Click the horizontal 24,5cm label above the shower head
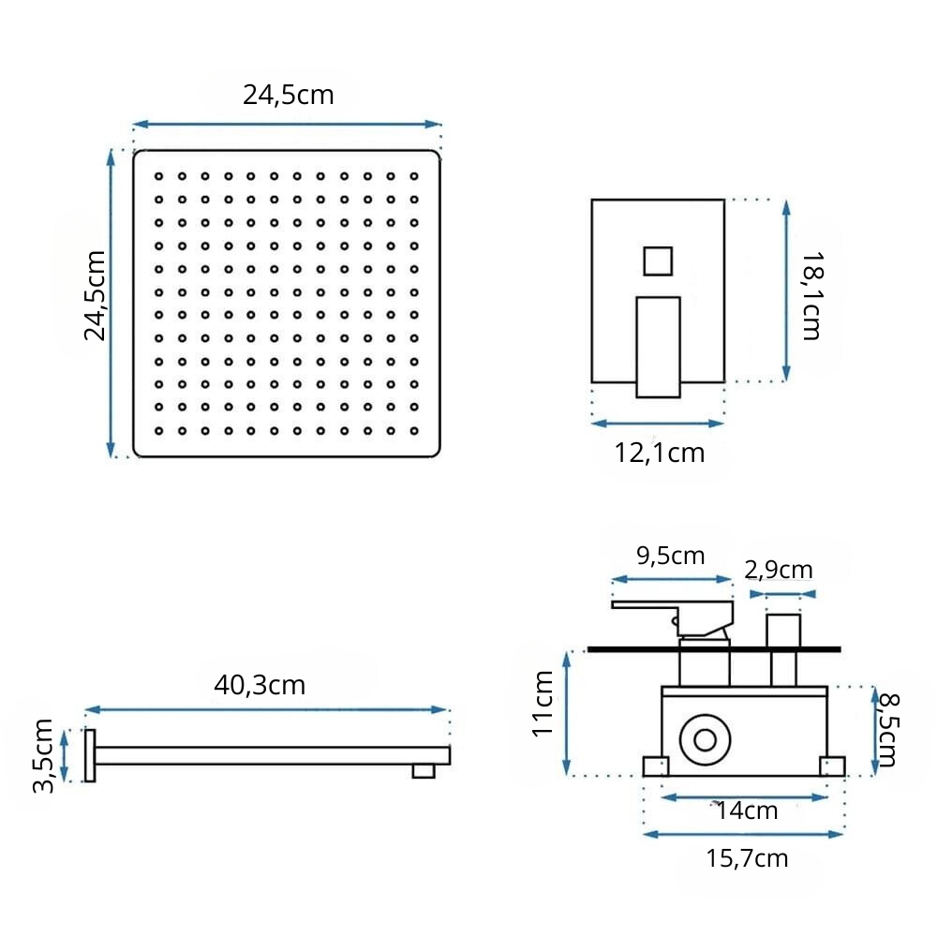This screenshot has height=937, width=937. pyautogui.click(x=288, y=96)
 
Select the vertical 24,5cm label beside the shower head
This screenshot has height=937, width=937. pyautogui.click(x=95, y=296)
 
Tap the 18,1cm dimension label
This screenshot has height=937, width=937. pyautogui.click(x=811, y=296)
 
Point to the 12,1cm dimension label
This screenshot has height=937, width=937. pyautogui.click(x=659, y=453)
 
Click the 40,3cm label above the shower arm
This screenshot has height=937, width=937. pyautogui.click(x=260, y=686)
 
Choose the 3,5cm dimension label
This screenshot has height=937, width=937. pyautogui.click(x=43, y=756)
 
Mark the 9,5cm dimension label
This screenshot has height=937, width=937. pyautogui.click(x=671, y=556)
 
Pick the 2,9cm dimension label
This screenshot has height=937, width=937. pyautogui.click(x=779, y=570)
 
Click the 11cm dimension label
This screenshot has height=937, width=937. pyautogui.click(x=543, y=704)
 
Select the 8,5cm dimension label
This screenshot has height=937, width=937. pyautogui.click(x=888, y=730)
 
